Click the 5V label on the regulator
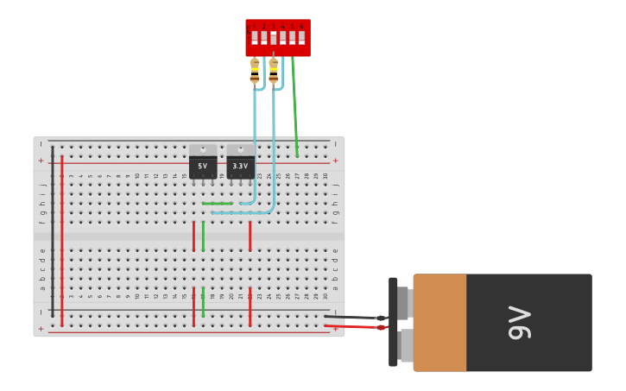tap(203, 166)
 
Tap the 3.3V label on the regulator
tap(240, 166)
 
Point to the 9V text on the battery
tap(520, 323)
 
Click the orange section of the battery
tap(439, 323)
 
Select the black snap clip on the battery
tap(393, 321)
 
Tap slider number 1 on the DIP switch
tap(255, 38)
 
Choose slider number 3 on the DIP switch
tap(274, 38)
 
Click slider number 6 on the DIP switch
tap(301, 38)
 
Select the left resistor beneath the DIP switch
tap(255, 70)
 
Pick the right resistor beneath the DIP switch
tap(274, 70)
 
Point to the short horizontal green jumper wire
tap(218, 204)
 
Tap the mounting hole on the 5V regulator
tap(203, 149)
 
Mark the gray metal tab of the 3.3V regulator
tap(241, 150)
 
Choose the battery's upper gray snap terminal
tap(403, 303)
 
